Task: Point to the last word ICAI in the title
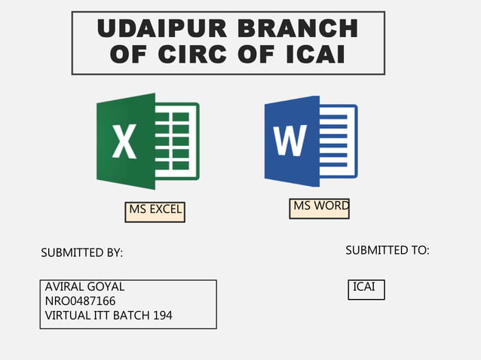point(312,54)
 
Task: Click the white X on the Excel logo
point(124,142)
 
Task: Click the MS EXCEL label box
point(155,211)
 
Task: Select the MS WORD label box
point(320,207)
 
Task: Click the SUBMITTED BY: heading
point(81,253)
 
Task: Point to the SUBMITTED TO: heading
point(388,250)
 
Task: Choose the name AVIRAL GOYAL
point(84,287)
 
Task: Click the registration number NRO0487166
point(80,301)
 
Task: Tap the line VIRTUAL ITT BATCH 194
point(109,316)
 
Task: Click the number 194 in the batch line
point(162,316)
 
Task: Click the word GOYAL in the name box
point(106,287)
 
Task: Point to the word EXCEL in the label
point(166,209)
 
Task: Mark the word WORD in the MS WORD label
point(332,206)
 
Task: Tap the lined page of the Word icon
point(336,140)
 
